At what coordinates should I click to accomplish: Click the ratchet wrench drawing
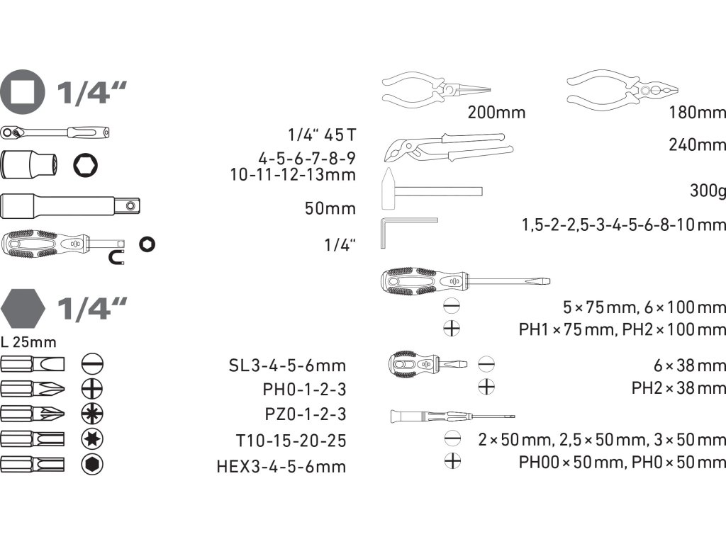[57, 132]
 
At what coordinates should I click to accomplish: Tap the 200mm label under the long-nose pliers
[496, 112]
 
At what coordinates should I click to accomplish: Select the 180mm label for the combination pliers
[698, 112]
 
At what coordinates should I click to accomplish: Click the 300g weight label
[707, 191]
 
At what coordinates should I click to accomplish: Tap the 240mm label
[698, 145]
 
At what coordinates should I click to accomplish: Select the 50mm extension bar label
[330, 208]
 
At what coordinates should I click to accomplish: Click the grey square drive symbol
[23, 91]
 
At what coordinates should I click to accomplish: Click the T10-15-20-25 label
[291, 441]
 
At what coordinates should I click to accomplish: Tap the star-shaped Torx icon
[93, 438]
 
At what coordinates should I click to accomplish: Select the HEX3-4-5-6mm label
[281, 467]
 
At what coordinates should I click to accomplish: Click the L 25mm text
[28, 343]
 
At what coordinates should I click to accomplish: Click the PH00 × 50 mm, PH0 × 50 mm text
[622, 463]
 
